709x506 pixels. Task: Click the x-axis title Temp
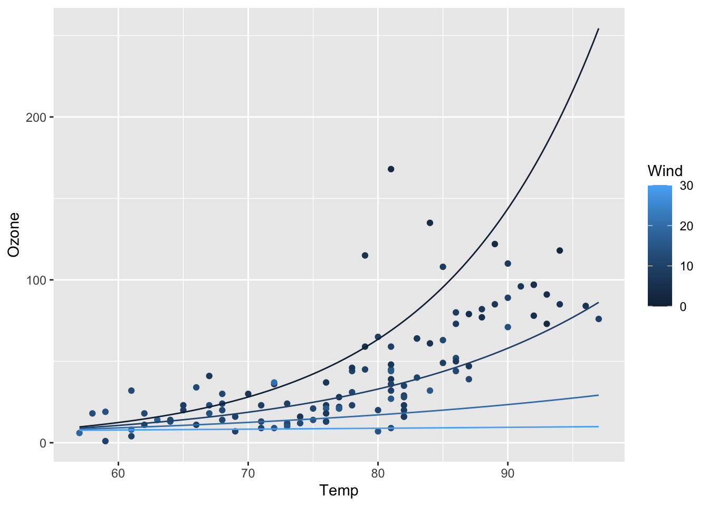[x=339, y=491]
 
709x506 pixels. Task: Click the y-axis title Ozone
[x=14, y=235]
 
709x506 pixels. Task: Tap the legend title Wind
[x=665, y=171]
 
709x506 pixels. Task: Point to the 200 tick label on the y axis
[x=36, y=117]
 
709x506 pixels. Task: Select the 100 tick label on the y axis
[x=36, y=280]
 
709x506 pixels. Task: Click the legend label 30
[x=687, y=186]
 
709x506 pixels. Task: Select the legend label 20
[x=687, y=226]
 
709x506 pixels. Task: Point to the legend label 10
[x=687, y=266]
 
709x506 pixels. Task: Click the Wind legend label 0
[x=684, y=306]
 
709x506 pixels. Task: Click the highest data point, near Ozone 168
[x=391, y=169]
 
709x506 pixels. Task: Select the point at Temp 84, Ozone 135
[x=430, y=223]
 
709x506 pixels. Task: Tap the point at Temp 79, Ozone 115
[x=365, y=256]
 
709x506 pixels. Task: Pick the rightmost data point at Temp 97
[x=599, y=319]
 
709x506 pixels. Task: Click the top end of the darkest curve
[x=598, y=30]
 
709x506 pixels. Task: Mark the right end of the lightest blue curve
[x=598, y=426]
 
